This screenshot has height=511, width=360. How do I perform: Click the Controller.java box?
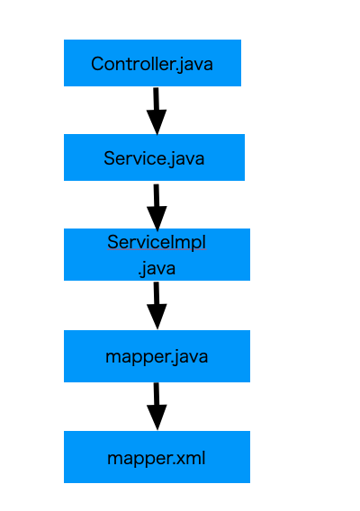(152, 63)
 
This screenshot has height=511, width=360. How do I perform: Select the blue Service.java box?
(154, 157)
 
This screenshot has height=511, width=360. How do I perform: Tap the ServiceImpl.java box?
(157, 255)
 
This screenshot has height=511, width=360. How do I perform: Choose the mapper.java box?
(157, 356)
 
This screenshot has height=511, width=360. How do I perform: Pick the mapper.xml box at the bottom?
(157, 457)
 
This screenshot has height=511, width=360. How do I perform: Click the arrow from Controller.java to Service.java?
(157, 110)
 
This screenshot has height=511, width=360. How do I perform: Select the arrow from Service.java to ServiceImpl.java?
(157, 205)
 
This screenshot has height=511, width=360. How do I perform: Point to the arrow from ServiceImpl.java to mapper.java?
(157, 304)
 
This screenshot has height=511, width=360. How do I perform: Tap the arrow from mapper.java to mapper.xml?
(157, 405)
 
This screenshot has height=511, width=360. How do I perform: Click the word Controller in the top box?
(127, 64)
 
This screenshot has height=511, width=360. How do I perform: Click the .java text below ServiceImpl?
(157, 268)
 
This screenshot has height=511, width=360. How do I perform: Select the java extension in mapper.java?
(190, 357)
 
